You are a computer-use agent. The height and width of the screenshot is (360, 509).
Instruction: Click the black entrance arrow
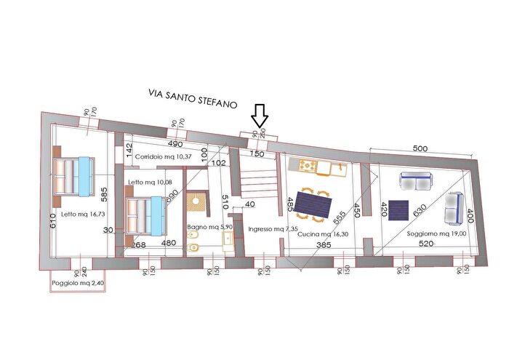click(x=260, y=116)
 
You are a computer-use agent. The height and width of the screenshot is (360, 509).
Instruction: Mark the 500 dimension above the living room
click(x=420, y=148)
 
